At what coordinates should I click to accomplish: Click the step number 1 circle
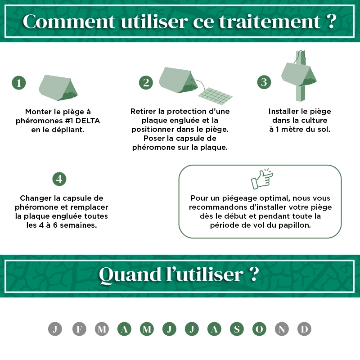[19, 83]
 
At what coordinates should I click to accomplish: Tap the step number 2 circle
[146, 82]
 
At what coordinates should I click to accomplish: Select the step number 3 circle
[264, 82]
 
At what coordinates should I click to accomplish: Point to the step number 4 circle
[59, 179]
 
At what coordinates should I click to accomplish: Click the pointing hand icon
[262, 179]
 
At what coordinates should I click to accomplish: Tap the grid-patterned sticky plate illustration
[215, 96]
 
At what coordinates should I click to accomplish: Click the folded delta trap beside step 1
[58, 87]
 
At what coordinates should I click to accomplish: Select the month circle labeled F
[79, 329]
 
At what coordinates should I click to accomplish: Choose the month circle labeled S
[237, 329]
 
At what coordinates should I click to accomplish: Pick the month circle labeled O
[259, 329]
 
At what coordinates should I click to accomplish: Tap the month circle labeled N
[282, 329]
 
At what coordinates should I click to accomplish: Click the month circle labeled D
[304, 329]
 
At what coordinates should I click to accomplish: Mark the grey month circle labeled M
[102, 329]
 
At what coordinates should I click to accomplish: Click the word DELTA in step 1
[88, 121]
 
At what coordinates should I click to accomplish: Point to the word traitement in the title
[270, 22]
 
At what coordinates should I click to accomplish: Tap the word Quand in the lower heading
[130, 274]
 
